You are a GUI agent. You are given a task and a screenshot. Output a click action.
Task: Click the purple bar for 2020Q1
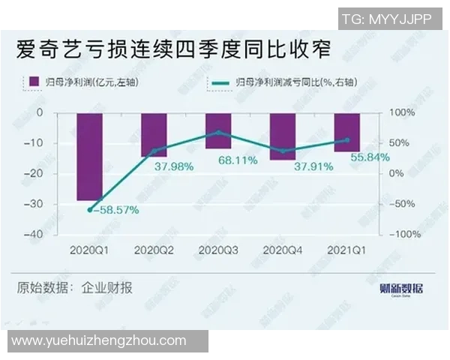coord(90,156)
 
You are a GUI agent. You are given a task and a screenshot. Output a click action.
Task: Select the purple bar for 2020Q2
coord(154,134)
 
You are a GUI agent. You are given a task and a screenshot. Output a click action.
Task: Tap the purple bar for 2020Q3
coord(218,130)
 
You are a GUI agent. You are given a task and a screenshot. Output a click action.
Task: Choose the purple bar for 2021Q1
coord(347,132)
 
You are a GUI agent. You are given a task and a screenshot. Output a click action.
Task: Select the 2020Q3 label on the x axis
coord(218,248)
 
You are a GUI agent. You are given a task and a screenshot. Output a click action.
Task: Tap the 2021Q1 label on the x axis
coord(347,248)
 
